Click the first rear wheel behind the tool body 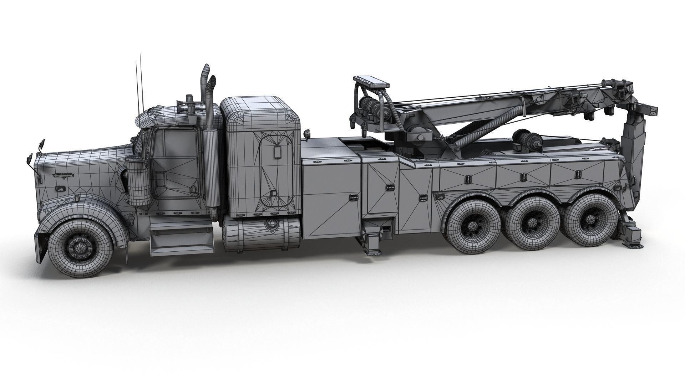pyautogui.click(x=470, y=225)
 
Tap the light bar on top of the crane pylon pyautogui.click(x=371, y=82)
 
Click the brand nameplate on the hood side pyautogui.click(x=64, y=174)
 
